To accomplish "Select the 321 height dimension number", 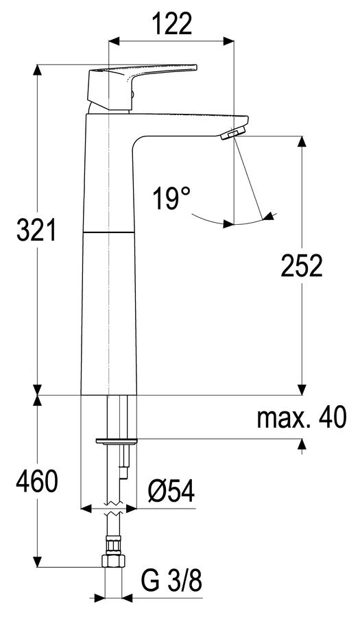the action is (x=36, y=230).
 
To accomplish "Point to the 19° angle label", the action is (x=171, y=198).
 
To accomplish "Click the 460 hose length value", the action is (x=36, y=481).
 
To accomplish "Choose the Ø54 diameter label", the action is (x=171, y=492).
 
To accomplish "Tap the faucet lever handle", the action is (x=134, y=84).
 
